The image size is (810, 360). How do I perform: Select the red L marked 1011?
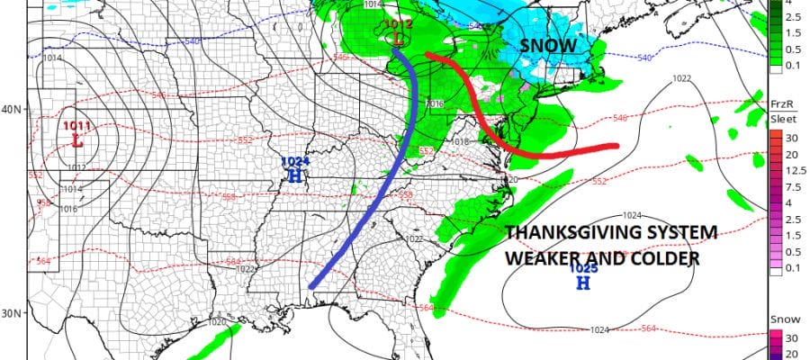(76, 140)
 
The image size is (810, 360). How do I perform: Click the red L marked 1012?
(397, 40)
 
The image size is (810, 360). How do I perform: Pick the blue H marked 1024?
(294, 175)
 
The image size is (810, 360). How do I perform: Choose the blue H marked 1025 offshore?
(582, 283)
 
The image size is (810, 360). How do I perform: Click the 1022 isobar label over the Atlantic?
(681, 79)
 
